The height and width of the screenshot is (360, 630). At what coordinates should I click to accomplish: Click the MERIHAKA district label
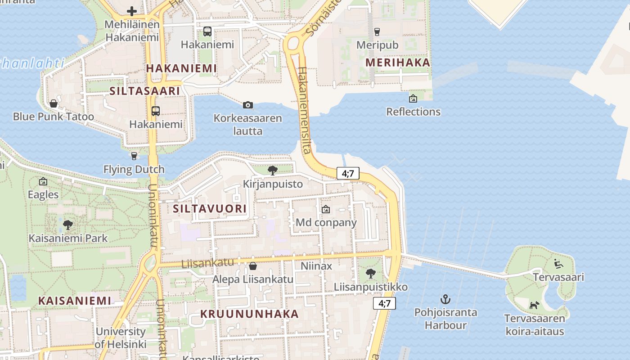398,63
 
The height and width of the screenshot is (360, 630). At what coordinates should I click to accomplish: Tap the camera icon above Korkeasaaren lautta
247,105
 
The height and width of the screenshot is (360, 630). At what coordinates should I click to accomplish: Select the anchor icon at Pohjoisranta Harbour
445,299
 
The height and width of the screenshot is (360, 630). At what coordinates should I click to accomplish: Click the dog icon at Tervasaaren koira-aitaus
534,305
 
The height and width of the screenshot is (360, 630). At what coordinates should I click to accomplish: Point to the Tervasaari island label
558,277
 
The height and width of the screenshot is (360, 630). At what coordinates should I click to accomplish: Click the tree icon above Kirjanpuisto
272,170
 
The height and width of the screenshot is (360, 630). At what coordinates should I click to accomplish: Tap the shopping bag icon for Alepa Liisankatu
253,266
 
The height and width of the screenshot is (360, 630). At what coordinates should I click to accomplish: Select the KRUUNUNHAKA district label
249,314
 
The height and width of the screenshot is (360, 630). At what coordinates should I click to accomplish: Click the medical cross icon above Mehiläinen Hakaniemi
132,11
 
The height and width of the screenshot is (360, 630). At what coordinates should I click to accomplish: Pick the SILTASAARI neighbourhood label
145,91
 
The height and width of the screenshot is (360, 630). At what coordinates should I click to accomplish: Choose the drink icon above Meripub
377,31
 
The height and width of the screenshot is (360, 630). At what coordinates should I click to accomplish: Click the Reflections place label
413,111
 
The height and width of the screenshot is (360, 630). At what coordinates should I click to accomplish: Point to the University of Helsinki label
121,338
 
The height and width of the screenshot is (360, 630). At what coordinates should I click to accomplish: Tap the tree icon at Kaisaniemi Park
68,225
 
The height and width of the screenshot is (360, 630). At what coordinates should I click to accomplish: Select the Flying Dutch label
134,170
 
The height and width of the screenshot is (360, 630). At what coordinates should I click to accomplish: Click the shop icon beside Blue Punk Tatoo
54,103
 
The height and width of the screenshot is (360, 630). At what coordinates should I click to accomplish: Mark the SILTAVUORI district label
210,208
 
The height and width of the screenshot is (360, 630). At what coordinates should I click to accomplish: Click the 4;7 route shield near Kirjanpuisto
348,173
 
